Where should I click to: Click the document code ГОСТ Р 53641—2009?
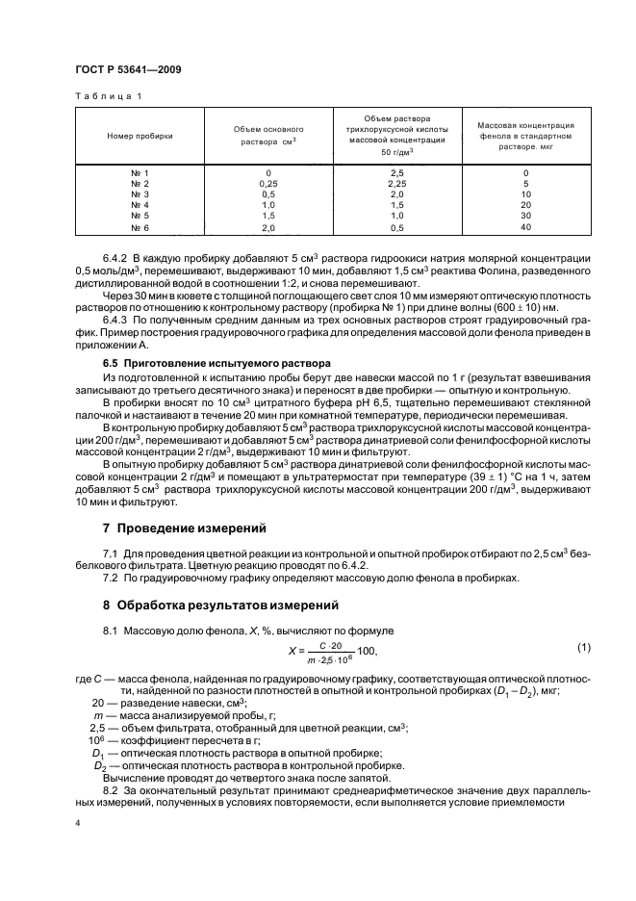[127, 71]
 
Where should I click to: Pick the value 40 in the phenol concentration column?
[525, 228]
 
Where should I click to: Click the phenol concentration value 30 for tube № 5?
[525, 217]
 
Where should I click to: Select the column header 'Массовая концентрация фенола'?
[525, 133]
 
